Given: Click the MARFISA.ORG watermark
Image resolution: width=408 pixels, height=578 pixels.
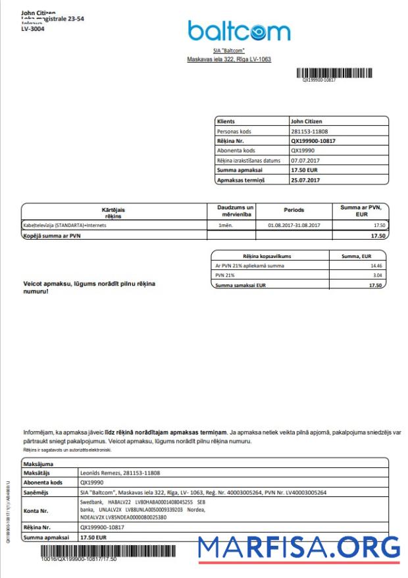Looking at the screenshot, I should click(299, 548).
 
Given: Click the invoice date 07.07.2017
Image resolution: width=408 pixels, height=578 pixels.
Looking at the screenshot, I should click(305, 160).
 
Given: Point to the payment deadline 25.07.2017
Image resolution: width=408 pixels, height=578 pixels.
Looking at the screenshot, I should click(305, 180).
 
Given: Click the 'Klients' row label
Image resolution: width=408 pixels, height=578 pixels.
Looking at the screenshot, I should click(226, 121).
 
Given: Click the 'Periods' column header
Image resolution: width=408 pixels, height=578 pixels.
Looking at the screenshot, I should click(293, 210).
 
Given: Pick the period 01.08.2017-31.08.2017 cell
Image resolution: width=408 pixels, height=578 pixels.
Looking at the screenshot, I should click(293, 225).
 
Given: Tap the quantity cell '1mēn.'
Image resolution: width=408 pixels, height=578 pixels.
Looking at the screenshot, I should click(226, 225).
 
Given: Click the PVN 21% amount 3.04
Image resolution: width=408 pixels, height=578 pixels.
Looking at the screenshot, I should click(376, 275).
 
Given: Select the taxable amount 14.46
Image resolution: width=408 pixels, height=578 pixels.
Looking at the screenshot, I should click(376, 265).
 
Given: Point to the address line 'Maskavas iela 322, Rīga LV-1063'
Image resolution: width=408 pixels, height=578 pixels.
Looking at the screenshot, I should click(229, 59).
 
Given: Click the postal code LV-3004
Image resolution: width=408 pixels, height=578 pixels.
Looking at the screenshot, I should click(33, 29).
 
